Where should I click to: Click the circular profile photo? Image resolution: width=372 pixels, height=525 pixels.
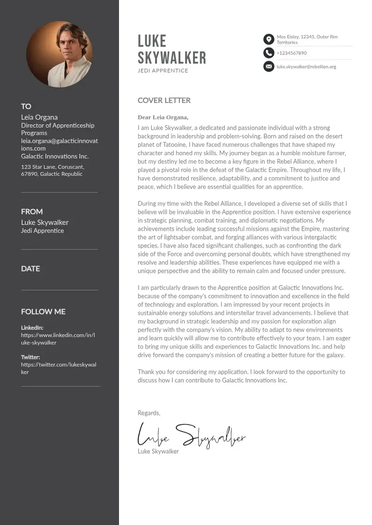(x=60, y=54)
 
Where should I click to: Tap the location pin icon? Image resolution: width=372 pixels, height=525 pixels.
(x=268, y=39)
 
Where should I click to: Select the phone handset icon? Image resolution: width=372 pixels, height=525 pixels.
(x=268, y=53)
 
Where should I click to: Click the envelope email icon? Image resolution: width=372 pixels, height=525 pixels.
(x=268, y=67)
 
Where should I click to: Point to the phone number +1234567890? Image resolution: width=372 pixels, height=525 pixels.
(x=291, y=53)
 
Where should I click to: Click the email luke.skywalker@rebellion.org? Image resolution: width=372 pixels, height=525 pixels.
(x=306, y=67)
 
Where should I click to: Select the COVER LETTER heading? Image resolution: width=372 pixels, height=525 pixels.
(x=164, y=100)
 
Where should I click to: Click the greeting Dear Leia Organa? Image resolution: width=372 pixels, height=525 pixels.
(x=163, y=117)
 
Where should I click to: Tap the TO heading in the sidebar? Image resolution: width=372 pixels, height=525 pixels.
(x=26, y=106)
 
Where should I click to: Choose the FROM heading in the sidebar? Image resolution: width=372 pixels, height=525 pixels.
(x=32, y=211)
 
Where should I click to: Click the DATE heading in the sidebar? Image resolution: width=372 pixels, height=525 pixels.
(x=30, y=269)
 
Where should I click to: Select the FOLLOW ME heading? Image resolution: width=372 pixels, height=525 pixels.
(x=43, y=312)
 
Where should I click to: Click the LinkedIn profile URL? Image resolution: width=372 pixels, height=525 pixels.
(x=58, y=339)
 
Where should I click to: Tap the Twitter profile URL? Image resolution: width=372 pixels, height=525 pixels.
(x=58, y=368)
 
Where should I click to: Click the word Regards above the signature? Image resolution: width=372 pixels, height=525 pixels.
(x=149, y=413)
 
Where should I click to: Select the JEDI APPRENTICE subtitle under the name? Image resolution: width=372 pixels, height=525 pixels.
(x=163, y=71)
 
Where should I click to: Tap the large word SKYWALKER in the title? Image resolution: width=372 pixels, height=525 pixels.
(x=171, y=58)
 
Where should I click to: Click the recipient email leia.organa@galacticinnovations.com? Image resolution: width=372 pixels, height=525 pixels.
(x=59, y=144)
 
